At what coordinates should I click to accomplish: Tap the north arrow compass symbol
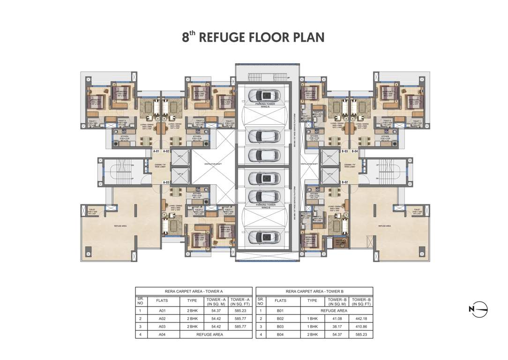tap(478, 308)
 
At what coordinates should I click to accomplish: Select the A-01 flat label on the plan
tap(157, 151)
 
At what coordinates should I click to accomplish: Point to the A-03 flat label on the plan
tap(166, 182)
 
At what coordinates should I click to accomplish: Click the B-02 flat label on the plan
tap(344, 182)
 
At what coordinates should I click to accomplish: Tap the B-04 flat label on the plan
tap(355, 151)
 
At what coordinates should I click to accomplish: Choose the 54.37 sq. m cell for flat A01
tap(216, 310)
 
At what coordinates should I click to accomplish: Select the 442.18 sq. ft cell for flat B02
tap(361, 318)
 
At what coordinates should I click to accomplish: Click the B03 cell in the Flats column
tap(281, 326)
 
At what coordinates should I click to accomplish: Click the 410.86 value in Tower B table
tap(361, 326)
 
